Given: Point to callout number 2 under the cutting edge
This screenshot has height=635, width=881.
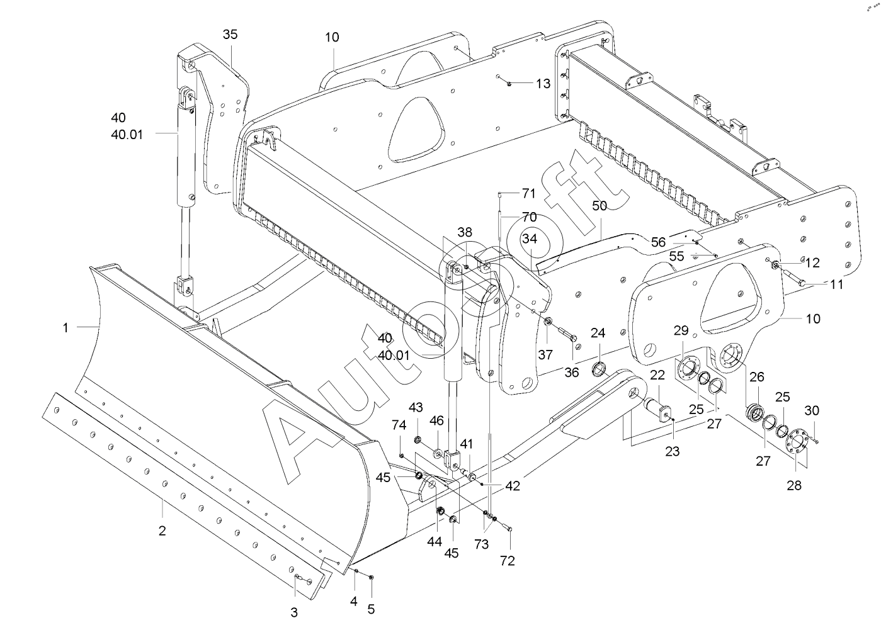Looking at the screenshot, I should pos(162,531).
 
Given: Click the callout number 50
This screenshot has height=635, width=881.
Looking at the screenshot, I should pos(600,206).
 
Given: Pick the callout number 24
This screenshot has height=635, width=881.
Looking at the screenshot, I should pos(598,332).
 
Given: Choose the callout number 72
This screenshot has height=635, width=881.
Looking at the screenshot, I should pos(508,560).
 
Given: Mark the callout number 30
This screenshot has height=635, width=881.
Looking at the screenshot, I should pos(812,410).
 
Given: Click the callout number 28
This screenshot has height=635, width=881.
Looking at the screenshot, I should pos(795,485).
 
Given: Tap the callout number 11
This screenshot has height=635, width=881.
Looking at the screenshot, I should pos(836,284).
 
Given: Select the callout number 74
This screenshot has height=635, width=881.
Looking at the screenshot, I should pos(399,425).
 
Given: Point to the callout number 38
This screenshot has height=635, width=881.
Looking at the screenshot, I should pos(465,232).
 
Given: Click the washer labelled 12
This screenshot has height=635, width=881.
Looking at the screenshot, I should pos(776,264).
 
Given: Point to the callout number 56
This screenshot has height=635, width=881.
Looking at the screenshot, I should pos(658,242).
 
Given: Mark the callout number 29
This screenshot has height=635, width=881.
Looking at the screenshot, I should pos(681,330).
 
